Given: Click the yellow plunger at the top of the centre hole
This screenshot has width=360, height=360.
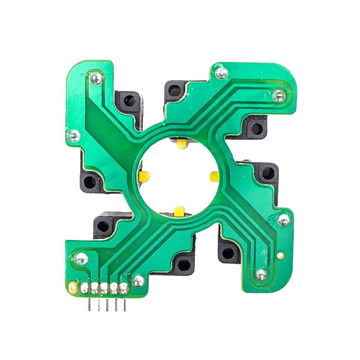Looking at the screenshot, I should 181,143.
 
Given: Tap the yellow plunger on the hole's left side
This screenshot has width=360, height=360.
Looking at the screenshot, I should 144,175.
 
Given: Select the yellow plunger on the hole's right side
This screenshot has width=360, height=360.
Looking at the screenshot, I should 214,176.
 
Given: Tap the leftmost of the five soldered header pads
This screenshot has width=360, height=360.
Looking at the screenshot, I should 85,288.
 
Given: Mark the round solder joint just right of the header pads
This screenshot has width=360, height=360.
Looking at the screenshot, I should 138,280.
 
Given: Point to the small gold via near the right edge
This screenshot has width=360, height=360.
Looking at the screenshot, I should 280,256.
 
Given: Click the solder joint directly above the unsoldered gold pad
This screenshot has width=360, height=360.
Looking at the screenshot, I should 81,258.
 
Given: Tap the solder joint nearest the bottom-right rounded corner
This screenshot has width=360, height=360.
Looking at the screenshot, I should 261,274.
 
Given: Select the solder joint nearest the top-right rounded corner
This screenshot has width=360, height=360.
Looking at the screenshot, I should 279,96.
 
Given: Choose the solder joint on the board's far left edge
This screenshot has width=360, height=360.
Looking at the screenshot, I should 73,135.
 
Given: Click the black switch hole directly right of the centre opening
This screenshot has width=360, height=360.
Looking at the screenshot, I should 268,173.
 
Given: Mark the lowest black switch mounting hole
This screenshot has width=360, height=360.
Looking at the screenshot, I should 184,265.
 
